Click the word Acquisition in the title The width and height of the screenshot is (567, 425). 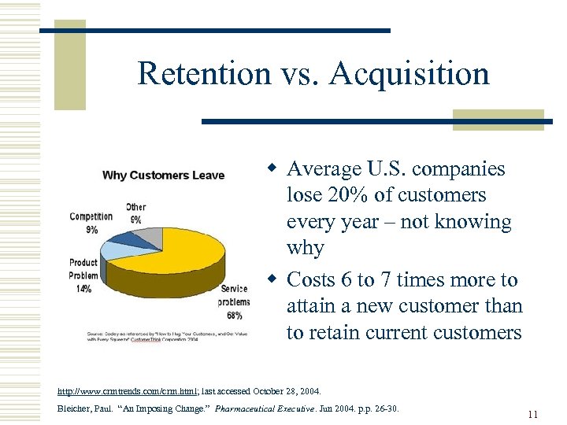coord(409,73)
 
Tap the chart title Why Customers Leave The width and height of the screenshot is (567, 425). coord(163,175)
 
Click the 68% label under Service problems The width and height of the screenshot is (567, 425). coord(235,316)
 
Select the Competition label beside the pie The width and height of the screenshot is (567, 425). coord(91,216)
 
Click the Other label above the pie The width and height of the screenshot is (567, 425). coord(135,207)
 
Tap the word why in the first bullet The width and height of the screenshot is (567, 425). coord(306,249)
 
